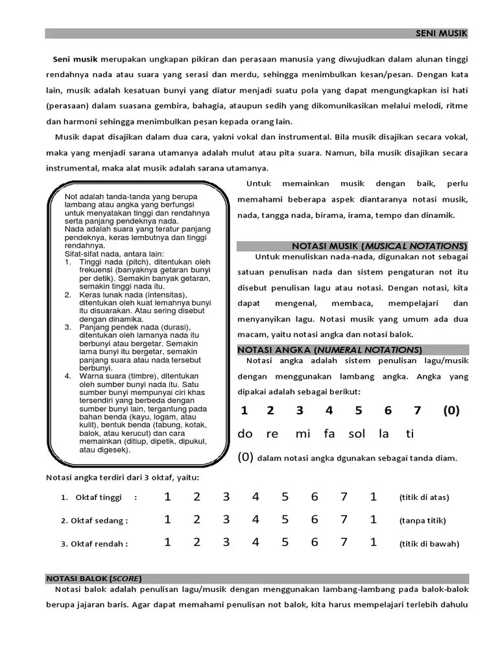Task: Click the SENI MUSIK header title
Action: click(440, 33)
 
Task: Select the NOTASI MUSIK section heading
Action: click(379, 246)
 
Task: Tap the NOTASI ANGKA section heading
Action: click(330, 350)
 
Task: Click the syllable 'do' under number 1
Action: click(245, 433)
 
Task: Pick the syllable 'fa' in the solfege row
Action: click(330, 433)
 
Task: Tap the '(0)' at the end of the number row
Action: click(451, 410)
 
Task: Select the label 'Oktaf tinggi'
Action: click(99, 497)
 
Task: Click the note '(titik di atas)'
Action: click(424, 497)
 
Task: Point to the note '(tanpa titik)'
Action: click(423, 520)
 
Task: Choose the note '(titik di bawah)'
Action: click(429, 543)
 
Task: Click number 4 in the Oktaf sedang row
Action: click(255, 519)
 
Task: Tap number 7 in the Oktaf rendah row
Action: click(344, 542)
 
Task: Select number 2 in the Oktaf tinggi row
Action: click(196, 497)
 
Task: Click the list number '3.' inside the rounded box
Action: click(68, 327)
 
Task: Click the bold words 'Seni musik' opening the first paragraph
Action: click(71, 59)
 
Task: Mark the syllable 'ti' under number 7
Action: click(409, 433)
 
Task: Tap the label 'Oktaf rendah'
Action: click(99, 543)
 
